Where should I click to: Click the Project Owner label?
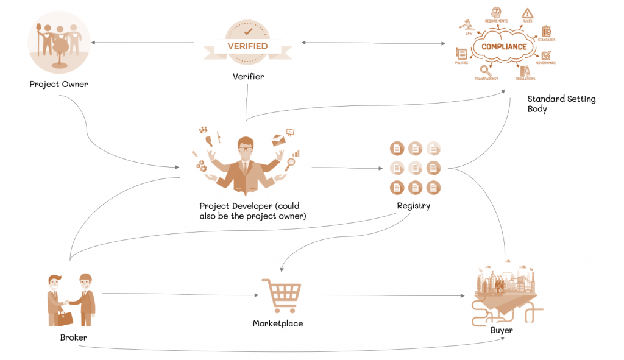pyautogui.click(x=58, y=84)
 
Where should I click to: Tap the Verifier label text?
pyautogui.click(x=248, y=77)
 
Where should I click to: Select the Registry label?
pyautogui.click(x=413, y=206)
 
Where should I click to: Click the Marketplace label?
pyautogui.click(x=278, y=323)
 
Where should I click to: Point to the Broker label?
pyautogui.click(x=73, y=337)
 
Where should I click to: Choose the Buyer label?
pyautogui.click(x=502, y=330)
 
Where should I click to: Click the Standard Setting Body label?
pyautogui.click(x=561, y=104)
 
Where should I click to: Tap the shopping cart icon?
pyautogui.click(x=279, y=296)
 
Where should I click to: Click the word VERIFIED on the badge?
pyautogui.click(x=247, y=46)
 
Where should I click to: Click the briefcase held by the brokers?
pyautogui.click(x=65, y=317)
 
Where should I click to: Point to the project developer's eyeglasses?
pyautogui.click(x=244, y=149)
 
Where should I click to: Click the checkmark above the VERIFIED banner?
pyautogui.click(x=248, y=29)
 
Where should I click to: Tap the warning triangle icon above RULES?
pyautogui.click(x=528, y=13)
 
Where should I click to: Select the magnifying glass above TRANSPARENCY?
pyautogui.click(x=485, y=70)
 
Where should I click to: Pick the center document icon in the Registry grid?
pyautogui.click(x=415, y=168)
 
